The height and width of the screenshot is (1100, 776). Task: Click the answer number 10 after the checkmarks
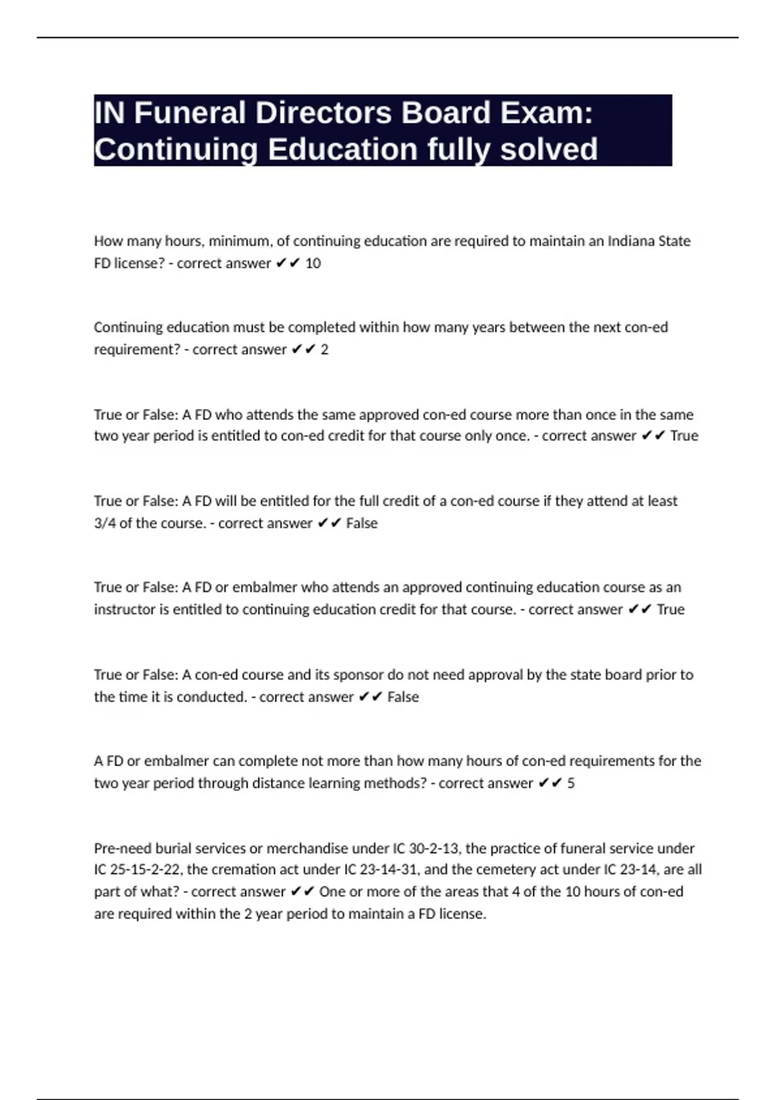(x=313, y=263)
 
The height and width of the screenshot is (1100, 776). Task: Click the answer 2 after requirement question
(x=325, y=349)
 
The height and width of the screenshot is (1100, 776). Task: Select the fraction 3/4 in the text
(x=105, y=523)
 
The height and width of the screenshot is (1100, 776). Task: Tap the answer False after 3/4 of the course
(x=361, y=523)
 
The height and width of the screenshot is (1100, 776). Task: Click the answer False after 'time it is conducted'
(x=403, y=697)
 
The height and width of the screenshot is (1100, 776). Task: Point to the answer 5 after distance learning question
(x=571, y=783)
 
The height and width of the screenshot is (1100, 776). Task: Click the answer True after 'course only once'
(x=684, y=436)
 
